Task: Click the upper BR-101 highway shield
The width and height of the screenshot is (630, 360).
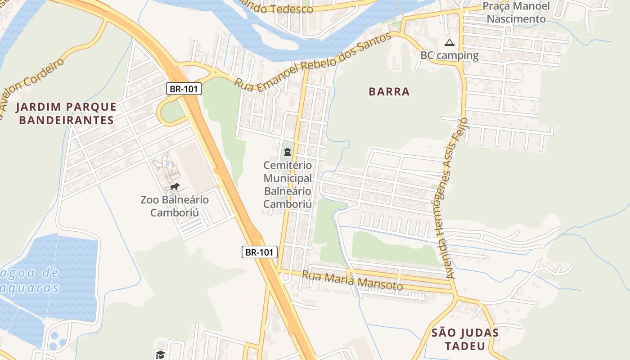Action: (x=184, y=89)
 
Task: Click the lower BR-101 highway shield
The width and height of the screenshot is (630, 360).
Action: (x=259, y=252)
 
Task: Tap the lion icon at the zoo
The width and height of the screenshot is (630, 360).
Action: (x=175, y=187)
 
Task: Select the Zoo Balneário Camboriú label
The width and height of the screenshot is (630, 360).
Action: (x=175, y=206)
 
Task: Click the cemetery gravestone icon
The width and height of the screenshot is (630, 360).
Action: (x=288, y=152)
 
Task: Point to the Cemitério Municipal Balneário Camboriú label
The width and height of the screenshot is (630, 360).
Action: (x=288, y=184)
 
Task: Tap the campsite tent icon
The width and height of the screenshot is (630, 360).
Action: (x=449, y=43)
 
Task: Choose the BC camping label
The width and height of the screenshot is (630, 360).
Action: (x=449, y=55)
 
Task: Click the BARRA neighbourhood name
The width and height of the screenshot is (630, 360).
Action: (x=389, y=92)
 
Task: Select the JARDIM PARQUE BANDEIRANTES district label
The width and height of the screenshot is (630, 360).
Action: (x=66, y=113)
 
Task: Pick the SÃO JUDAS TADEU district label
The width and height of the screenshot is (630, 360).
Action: (x=465, y=339)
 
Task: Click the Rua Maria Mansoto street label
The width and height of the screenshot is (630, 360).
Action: (x=352, y=280)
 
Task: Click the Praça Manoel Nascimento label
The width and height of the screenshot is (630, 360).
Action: (x=516, y=13)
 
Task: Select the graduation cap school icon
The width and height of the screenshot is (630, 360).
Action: (x=160, y=355)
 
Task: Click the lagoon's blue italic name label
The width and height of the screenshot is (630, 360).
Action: (x=30, y=280)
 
